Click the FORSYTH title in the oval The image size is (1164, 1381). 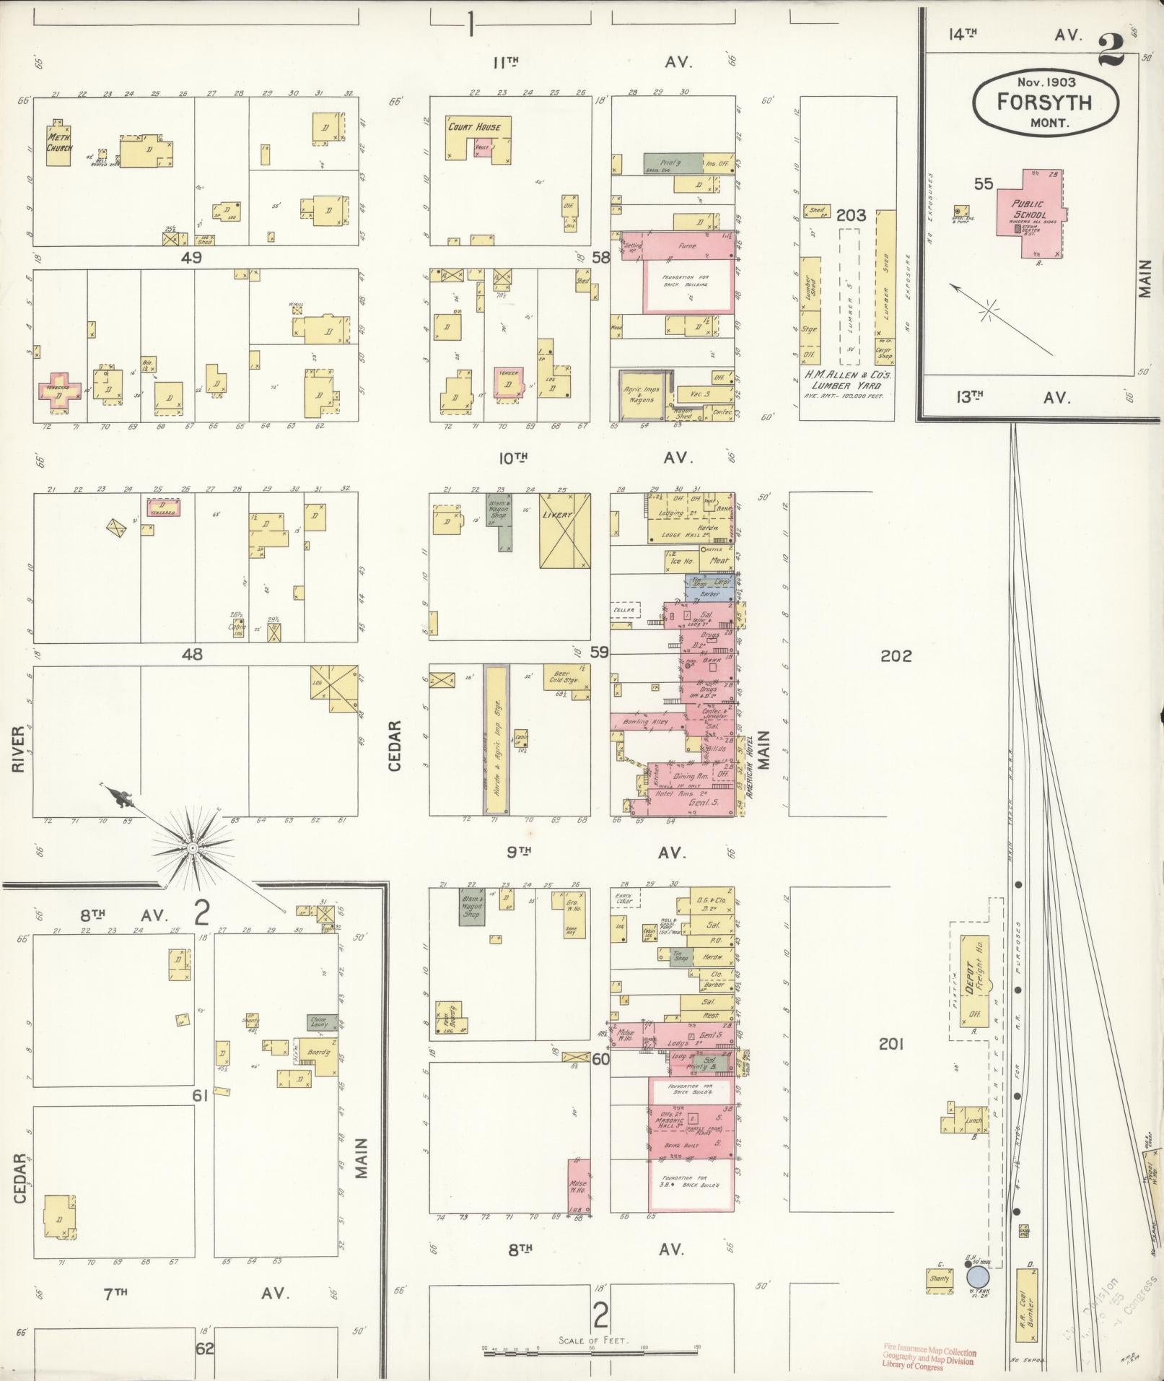[1044, 102]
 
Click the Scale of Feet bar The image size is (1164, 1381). [592, 1349]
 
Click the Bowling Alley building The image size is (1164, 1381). [647, 721]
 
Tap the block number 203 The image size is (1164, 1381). [851, 215]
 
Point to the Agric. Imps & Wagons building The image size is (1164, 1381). [642, 395]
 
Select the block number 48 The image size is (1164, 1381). [192, 655]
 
